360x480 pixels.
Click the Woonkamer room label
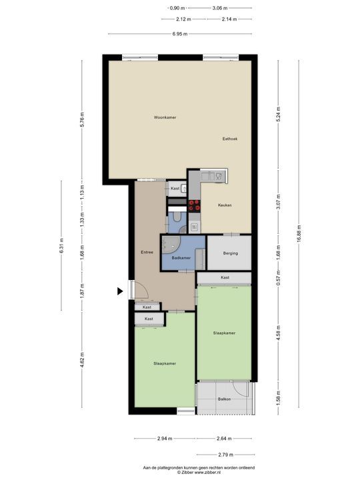pos(165,117)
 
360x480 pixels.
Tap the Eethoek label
pos(230,139)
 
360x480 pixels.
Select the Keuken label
pos(225,205)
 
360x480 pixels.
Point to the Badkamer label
pos(181,257)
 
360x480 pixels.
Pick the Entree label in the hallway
pos(147,252)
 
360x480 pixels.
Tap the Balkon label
pos(225,399)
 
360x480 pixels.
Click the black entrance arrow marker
pos(121,291)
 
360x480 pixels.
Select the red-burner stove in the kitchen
pos(194,206)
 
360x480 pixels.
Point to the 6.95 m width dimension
pos(179,33)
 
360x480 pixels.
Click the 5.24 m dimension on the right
pos(278,113)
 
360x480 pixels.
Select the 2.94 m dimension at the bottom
pos(165,438)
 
